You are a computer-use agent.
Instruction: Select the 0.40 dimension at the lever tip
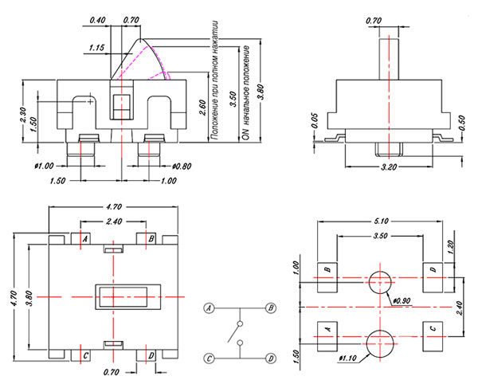[99, 18]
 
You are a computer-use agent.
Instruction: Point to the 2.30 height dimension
[23, 114]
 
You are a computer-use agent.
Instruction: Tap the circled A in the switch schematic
[210, 307]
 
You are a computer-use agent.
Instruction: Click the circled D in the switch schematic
[271, 358]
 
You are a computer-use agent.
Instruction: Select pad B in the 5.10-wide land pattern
[327, 271]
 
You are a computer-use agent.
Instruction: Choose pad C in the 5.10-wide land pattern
[433, 327]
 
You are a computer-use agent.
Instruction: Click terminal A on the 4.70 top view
[85, 238]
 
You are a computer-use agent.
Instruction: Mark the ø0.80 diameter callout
[182, 167]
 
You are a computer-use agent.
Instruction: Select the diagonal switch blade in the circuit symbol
[237, 329]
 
